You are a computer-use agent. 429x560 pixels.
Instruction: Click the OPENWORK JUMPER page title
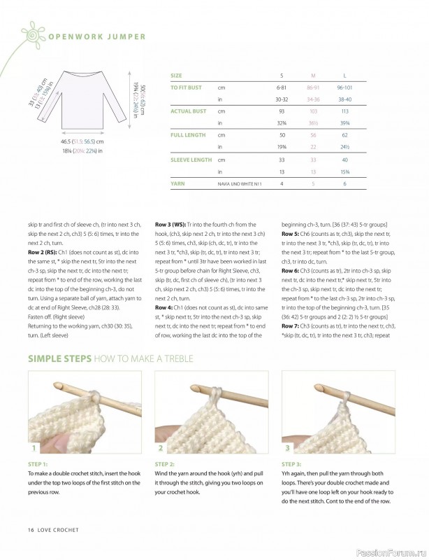96,37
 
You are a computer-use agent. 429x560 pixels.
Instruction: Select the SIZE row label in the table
176,75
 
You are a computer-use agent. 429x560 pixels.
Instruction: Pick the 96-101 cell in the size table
344,87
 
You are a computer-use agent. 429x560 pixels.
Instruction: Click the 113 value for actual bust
344,111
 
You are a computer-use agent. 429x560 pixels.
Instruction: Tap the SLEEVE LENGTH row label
191,159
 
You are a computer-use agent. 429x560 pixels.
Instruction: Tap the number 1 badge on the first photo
34,447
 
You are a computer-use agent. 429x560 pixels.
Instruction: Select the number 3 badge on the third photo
288,447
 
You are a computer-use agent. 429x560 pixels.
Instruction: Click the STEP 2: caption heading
166,464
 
